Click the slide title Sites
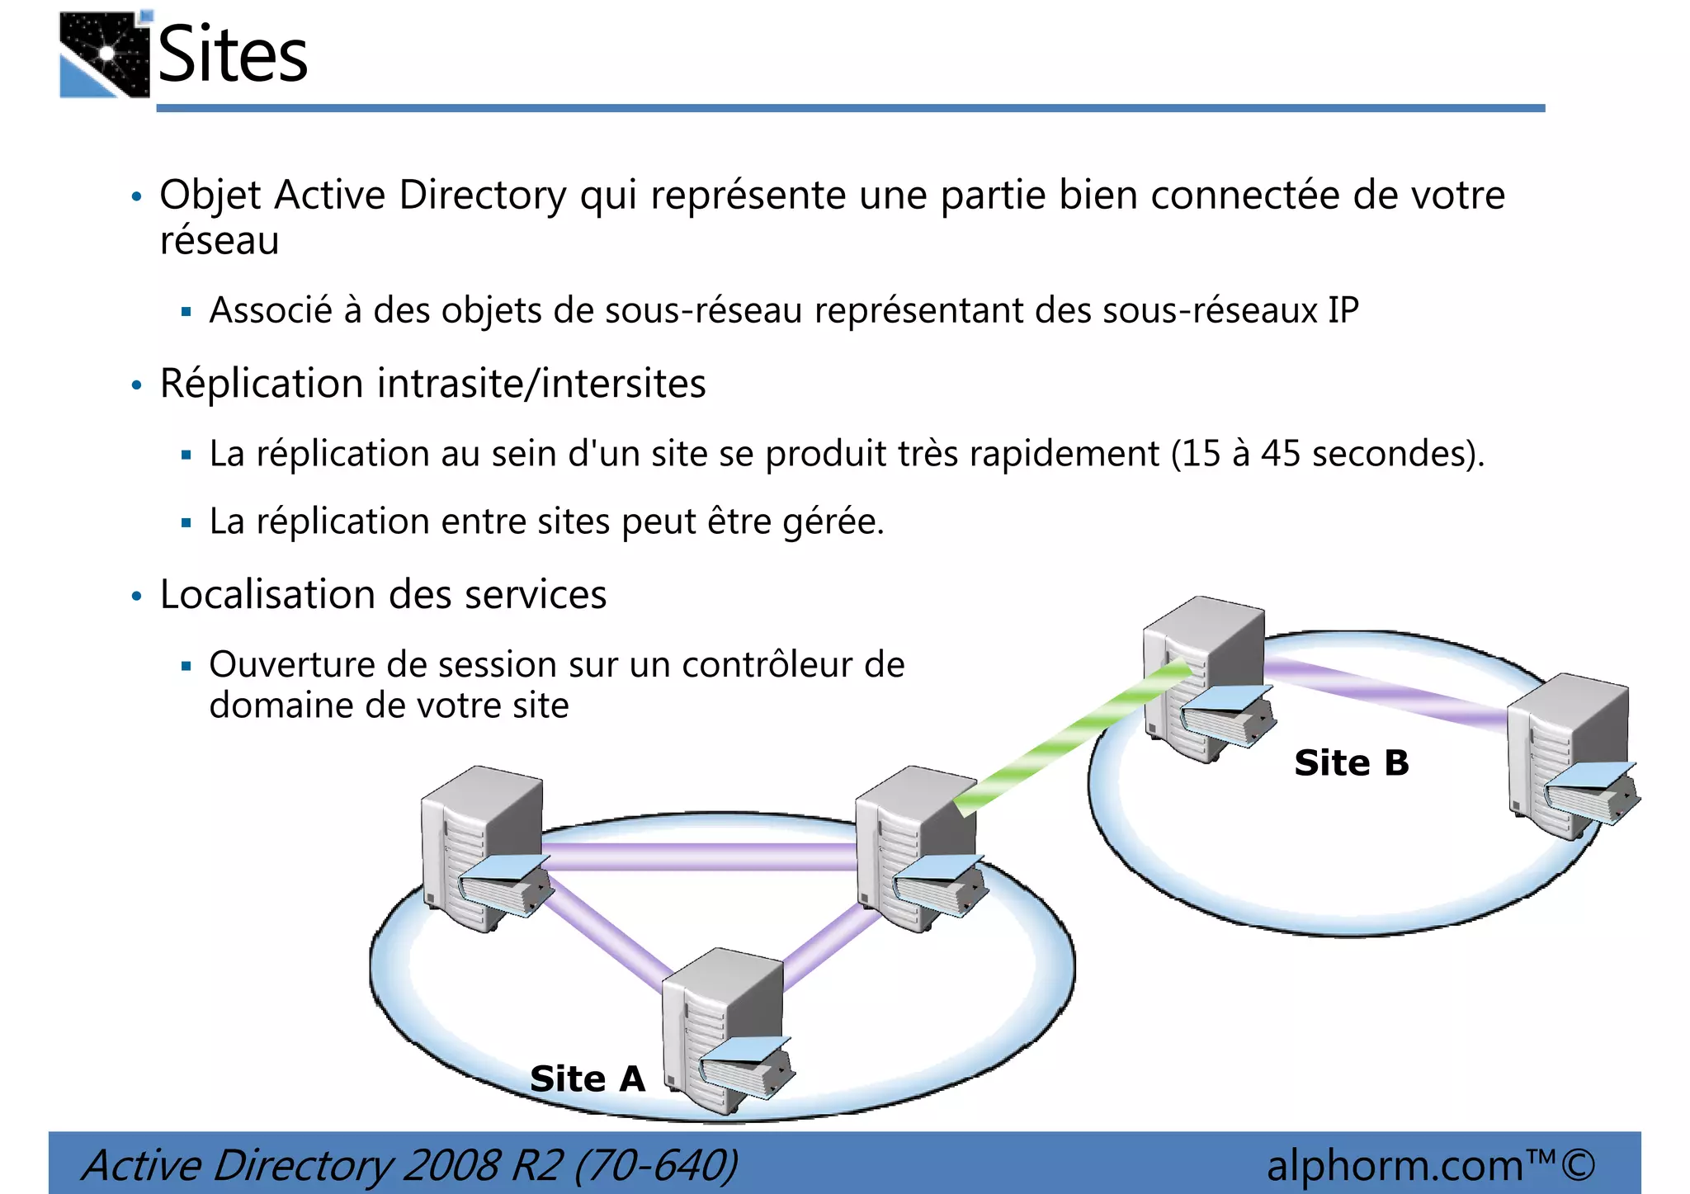point(232,54)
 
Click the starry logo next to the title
point(105,55)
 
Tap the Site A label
point(587,1078)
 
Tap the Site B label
point(1351,762)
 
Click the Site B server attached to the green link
point(1205,677)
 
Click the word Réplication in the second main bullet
point(262,384)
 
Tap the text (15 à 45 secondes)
point(1327,454)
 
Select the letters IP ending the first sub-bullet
point(1343,310)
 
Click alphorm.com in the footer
point(1395,1165)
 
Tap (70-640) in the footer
point(656,1165)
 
